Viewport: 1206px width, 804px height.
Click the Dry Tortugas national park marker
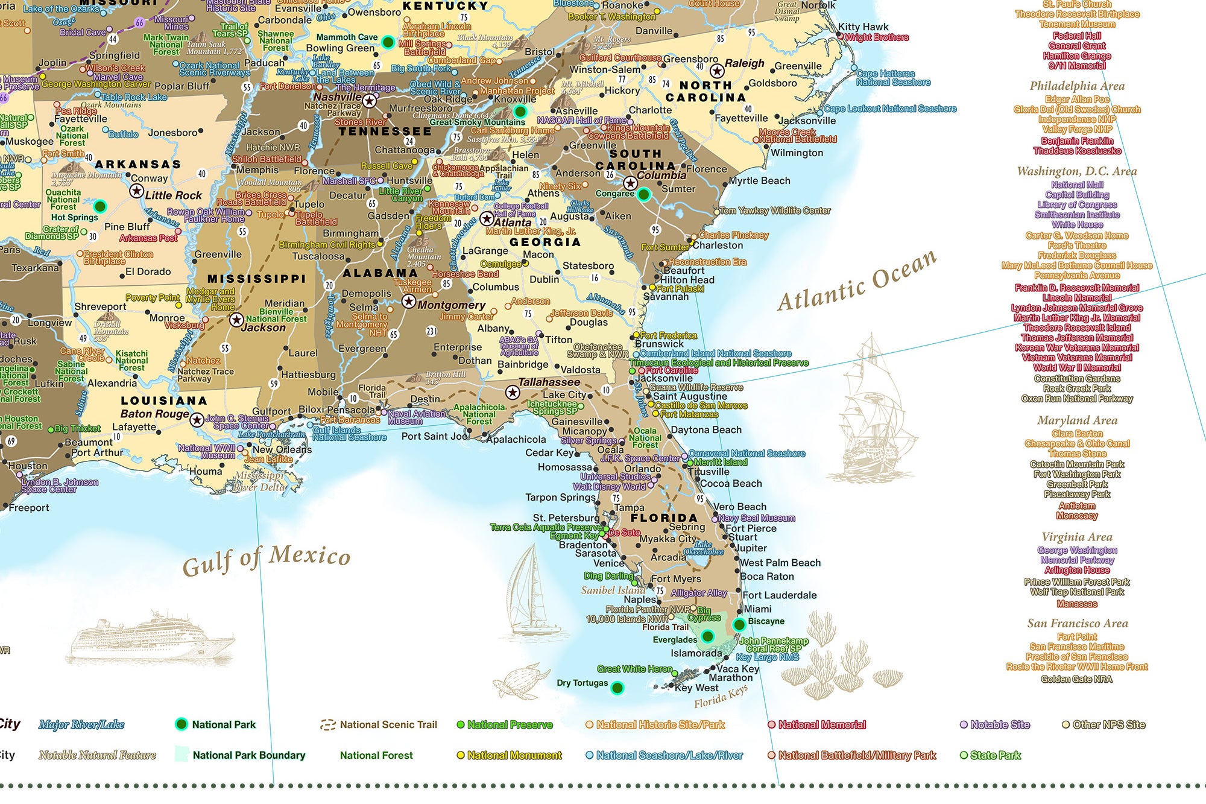tap(617, 688)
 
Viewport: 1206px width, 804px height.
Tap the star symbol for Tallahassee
tap(513, 393)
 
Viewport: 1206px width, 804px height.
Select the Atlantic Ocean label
tap(857, 281)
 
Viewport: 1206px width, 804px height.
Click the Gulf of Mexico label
tap(266, 559)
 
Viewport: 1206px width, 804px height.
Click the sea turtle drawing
tap(518, 680)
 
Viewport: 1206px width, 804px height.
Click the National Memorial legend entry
tap(821, 724)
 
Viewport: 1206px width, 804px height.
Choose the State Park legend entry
tap(995, 755)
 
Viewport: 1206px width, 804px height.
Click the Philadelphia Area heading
tap(1077, 86)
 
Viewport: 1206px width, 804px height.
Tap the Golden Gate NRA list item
tap(1076, 679)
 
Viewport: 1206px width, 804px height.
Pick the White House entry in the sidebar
tap(1077, 224)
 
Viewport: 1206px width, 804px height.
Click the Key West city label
tap(696, 688)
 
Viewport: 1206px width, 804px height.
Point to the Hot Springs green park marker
tap(100, 206)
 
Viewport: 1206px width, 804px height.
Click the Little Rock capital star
tap(137, 191)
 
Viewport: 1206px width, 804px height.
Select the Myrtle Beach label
tap(759, 180)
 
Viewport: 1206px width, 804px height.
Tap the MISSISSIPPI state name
tap(257, 279)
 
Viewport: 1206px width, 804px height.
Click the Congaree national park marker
tap(643, 194)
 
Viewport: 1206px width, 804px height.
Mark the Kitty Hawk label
tap(863, 27)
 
